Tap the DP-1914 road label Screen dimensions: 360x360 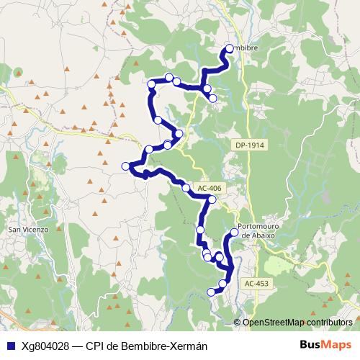pos(250,145)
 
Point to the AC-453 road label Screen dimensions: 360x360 pos(256,284)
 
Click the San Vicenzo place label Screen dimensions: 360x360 pos(27,229)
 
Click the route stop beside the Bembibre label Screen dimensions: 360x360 pos(229,48)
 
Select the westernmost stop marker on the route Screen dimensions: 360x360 pos(126,166)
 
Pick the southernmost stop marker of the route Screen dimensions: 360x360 pos(212,292)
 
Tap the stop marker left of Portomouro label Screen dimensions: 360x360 pos(234,233)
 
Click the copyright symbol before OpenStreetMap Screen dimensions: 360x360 pos(238,322)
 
